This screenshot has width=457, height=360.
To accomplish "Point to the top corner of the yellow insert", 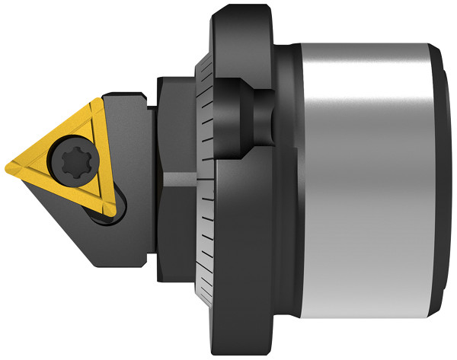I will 97,100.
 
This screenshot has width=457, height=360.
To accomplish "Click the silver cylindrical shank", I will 358,175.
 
